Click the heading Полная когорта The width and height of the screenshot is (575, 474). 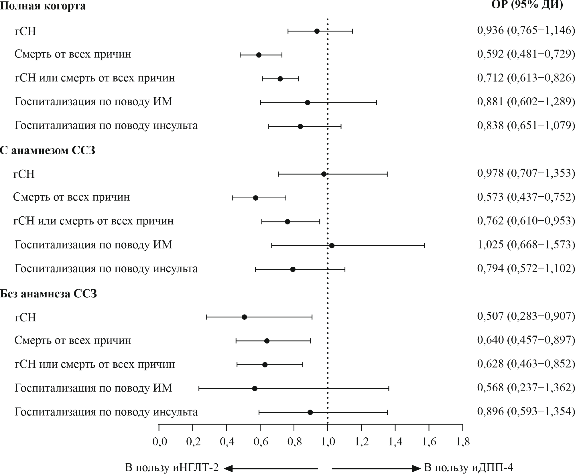pyautogui.click(x=43, y=6)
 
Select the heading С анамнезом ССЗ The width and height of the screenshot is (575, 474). pyautogui.click(x=48, y=150)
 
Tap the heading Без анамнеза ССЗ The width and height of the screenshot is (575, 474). pyautogui.click(x=49, y=294)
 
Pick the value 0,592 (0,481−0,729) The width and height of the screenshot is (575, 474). pyautogui.click(x=526, y=54)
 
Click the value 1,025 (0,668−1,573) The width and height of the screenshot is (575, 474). pyautogui.click(x=526, y=244)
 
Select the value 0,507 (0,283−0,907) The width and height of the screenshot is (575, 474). pyautogui.click(x=526, y=316)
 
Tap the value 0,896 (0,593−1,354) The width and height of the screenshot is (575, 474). pyautogui.click(x=526, y=411)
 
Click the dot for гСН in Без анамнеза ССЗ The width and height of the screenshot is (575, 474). pyautogui.click(x=244, y=317)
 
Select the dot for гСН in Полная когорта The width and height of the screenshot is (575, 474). pyautogui.click(x=317, y=31)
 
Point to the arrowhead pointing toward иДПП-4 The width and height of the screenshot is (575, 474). pyautogui.click(x=417, y=469)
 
